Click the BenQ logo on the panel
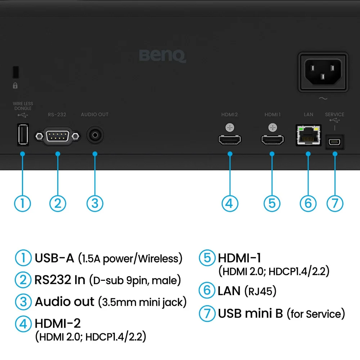point(162,56)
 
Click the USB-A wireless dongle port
point(22,135)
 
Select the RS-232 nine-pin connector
point(57,136)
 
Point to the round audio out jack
point(95,135)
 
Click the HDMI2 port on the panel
point(230,140)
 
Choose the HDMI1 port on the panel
point(273,140)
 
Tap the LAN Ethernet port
point(308,136)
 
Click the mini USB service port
point(335,142)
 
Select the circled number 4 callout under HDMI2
point(230,203)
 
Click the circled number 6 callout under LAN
point(308,203)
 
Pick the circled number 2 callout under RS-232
point(58,203)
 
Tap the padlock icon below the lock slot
point(15,86)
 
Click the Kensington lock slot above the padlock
point(15,72)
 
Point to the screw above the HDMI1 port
point(273,127)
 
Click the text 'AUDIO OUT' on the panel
point(95,114)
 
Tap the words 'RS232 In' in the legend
point(60,280)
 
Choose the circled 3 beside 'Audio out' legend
point(23,302)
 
